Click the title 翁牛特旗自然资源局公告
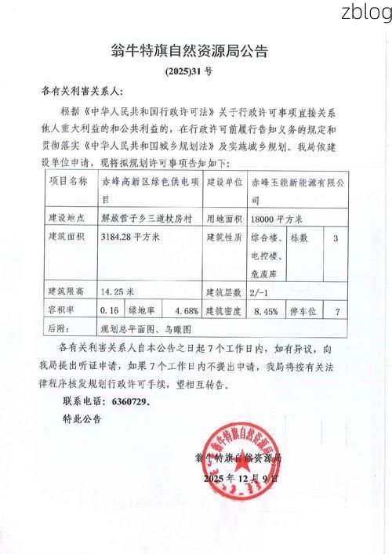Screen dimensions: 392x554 pyautogui.click(x=191, y=52)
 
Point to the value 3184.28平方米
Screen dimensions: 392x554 pyautogui.click(x=130, y=236)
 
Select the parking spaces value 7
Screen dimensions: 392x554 pyautogui.click(x=336, y=310)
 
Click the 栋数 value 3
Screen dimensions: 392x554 pyautogui.click(x=336, y=237)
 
